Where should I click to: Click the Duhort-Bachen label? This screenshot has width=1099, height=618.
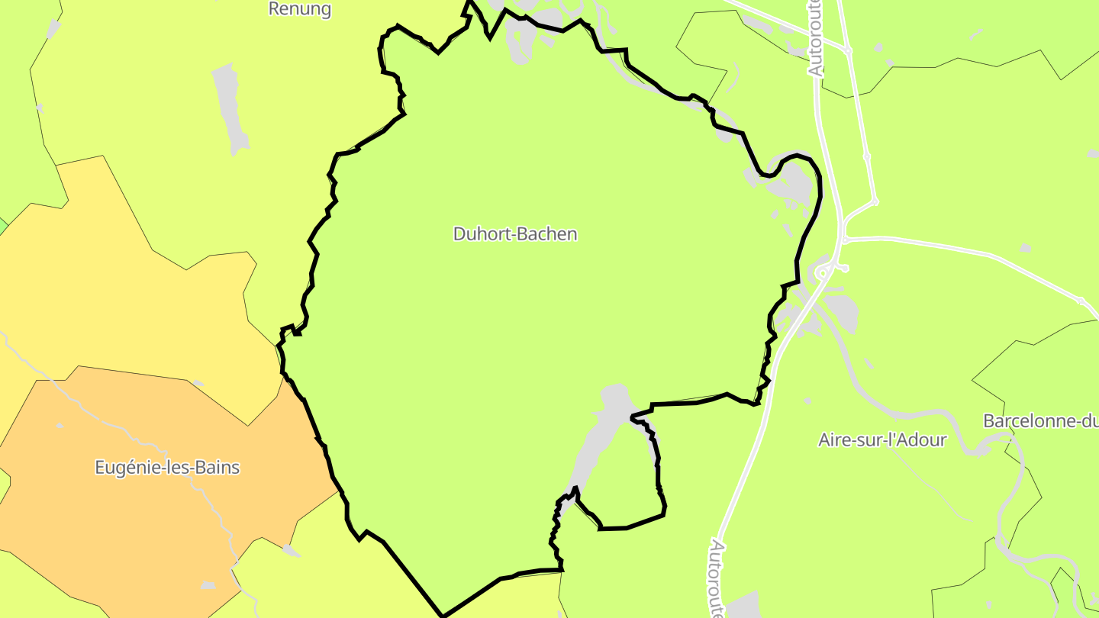click(x=515, y=233)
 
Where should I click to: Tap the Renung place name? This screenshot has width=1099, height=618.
click(x=300, y=9)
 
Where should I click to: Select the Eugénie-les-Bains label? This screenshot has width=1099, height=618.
click(x=167, y=467)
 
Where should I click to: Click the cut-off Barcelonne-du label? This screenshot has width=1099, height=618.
click(x=1039, y=420)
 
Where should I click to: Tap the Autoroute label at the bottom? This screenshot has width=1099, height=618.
click(x=717, y=577)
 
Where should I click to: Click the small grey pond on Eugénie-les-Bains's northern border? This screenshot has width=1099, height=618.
click(x=198, y=383)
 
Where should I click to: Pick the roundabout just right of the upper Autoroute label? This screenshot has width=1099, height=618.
click(x=848, y=51)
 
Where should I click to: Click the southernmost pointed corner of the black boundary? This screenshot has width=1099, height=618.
click(x=443, y=615)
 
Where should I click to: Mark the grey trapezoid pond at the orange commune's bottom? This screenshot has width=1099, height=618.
click(x=208, y=585)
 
